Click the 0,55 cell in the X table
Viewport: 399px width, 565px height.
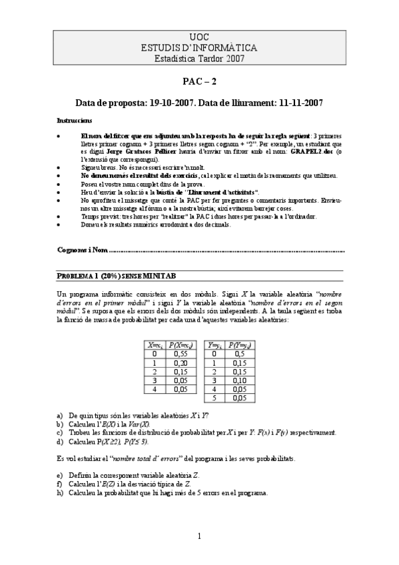click(x=180, y=354)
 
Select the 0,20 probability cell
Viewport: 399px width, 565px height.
click(x=180, y=363)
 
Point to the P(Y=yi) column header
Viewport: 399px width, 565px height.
click(x=238, y=345)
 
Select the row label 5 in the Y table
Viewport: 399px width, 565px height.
click(x=214, y=397)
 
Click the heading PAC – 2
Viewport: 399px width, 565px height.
click(x=199, y=82)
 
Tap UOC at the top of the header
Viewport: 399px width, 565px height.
click(x=199, y=37)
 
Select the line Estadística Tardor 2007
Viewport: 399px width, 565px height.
click(x=199, y=58)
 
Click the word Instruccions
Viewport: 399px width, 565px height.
click(x=75, y=121)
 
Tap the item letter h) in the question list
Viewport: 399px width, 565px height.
click(x=60, y=493)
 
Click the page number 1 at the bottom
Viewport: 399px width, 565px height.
click(x=199, y=536)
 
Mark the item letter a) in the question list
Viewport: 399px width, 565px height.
click(x=60, y=415)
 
